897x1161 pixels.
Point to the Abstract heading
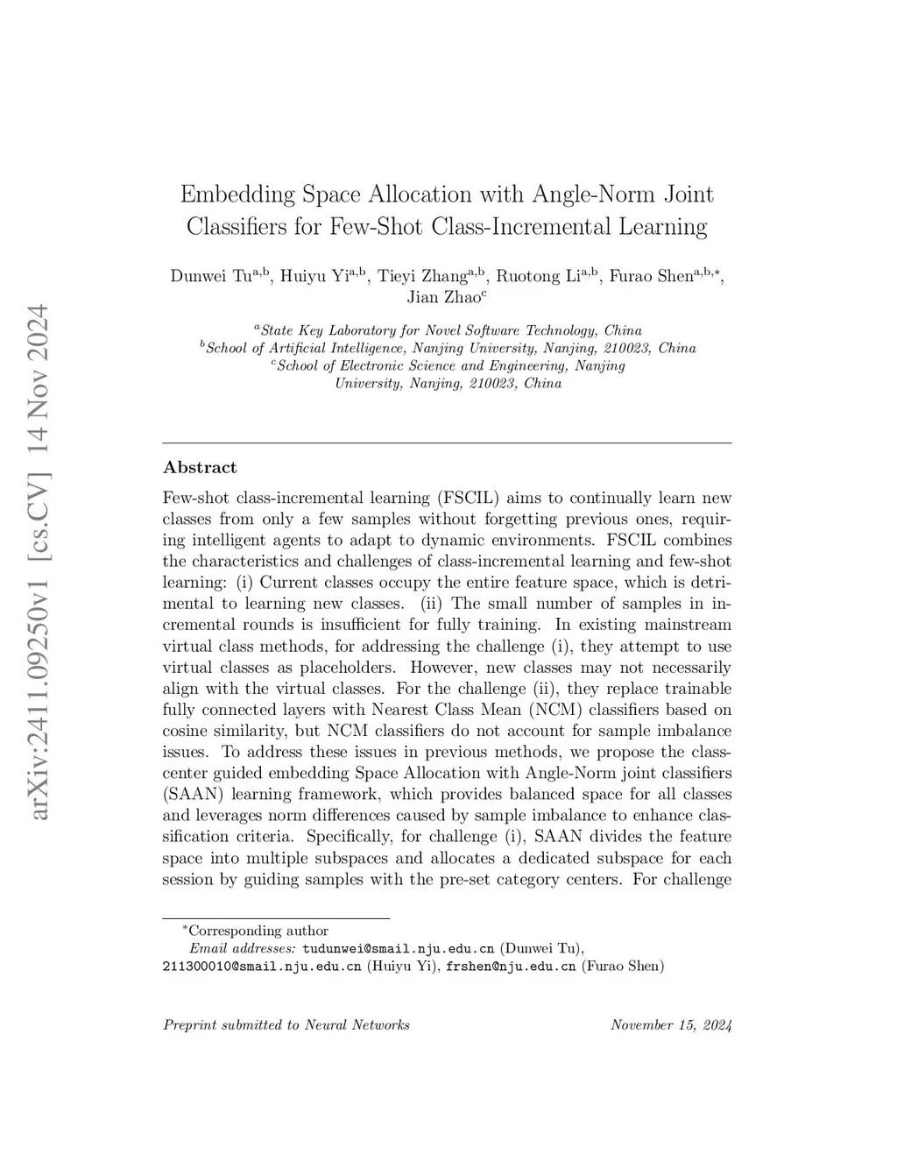200,468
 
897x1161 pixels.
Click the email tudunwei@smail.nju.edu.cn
399,948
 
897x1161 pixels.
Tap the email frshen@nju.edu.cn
511,966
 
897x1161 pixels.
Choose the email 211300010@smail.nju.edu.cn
262,966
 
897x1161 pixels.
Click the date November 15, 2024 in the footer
671,1025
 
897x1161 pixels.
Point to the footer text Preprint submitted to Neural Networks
286,1025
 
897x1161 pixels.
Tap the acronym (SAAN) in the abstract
191,795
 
